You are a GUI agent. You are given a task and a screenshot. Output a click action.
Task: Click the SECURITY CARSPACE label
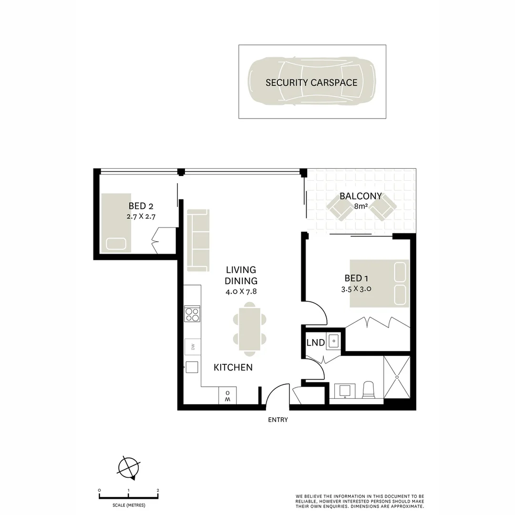pyautogui.click(x=311, y=82)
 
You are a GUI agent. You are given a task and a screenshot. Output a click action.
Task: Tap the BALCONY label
pyautogui.click(x=360, y=196)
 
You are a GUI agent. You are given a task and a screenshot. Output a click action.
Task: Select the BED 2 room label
pyautogui.click(x=141, y=206)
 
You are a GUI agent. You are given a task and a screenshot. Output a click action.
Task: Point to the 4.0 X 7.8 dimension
pyautogui.click(x=241, y=291)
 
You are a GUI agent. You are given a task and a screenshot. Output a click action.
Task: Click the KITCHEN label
pyautogui.click(x=233, y=368)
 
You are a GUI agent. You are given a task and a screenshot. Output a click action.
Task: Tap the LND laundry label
pyautogui.click(x=315, y=343)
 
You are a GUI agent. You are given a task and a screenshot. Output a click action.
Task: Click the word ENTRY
pyautogui.click(x=278, y=420)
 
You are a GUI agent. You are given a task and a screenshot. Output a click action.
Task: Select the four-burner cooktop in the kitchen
pyautogui.click(x=192, y=314)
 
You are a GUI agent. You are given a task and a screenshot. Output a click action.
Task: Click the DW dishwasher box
pyautogui.click(x=193, y=347)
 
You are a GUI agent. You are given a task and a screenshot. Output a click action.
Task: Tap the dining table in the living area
pyautogui.click(x=250, y=330)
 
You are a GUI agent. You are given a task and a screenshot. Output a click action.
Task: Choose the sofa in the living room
pyautogui.click(x=198, y=240)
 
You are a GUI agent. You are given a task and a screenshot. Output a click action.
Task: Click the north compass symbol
pyautogui.click(x=129, y=467)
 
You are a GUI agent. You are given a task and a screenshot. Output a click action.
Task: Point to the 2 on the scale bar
pyautogui.click(x=158, y=490)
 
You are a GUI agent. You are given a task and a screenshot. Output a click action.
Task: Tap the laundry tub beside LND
pyautogui.click(x=335, y=340)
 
